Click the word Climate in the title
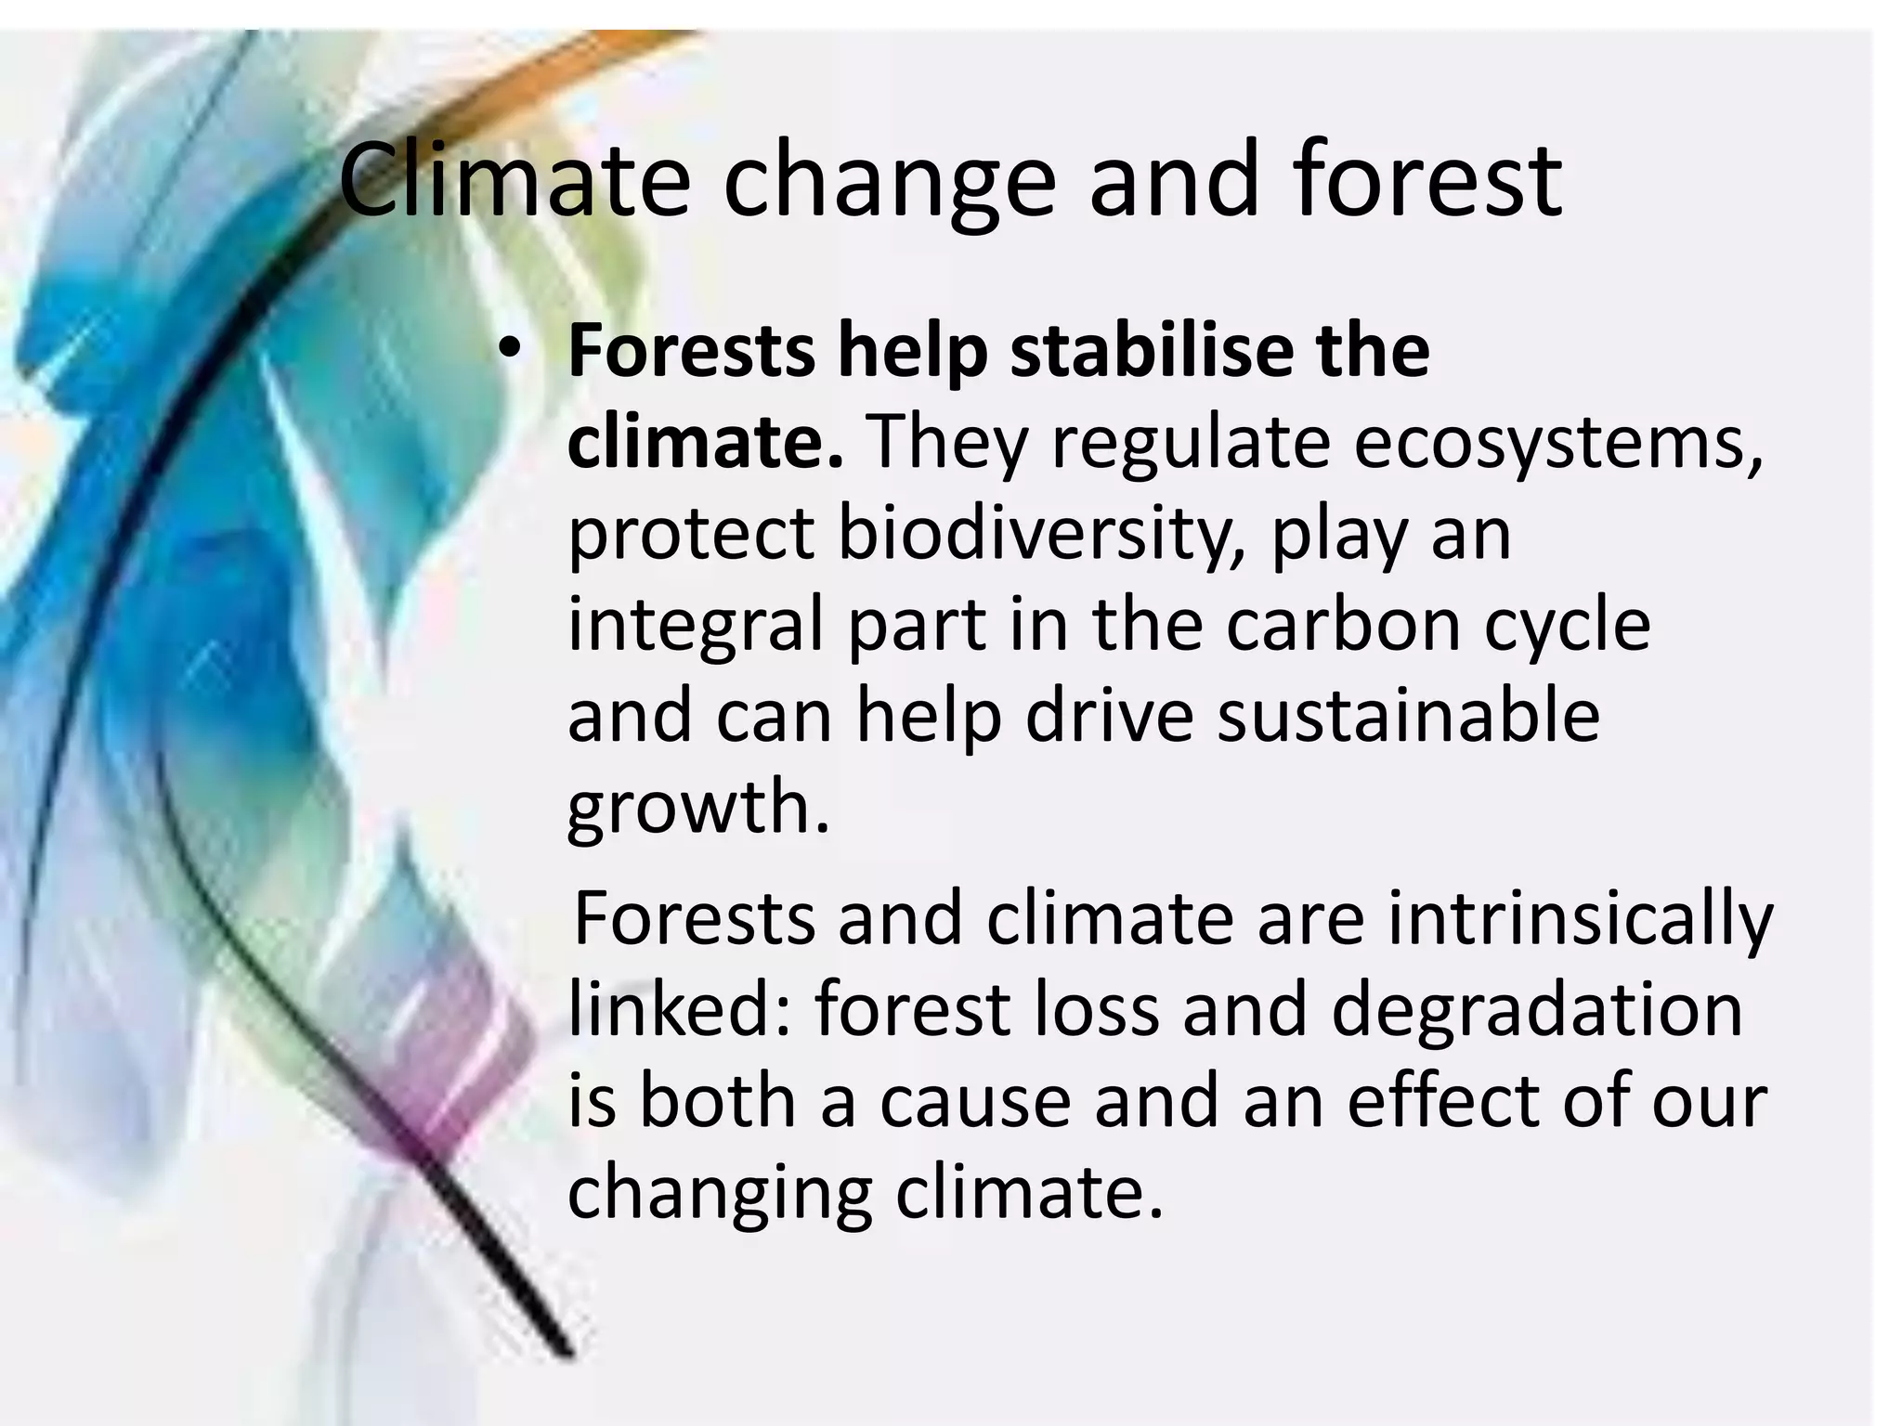[514, 179]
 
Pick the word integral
[696, 627]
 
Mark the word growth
[697, 808]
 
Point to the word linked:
[679, 1009]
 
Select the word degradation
[1536, 1009]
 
